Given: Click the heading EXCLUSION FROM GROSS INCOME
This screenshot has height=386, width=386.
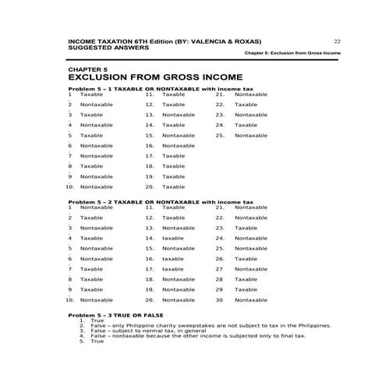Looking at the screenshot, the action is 156,78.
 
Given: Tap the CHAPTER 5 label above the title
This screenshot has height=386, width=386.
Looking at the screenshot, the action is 87,70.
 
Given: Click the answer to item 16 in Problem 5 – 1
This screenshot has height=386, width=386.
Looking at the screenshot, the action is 179,146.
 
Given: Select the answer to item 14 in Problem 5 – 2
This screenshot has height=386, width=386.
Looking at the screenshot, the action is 173,238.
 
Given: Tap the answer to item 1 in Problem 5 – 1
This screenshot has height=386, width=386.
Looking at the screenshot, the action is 91,94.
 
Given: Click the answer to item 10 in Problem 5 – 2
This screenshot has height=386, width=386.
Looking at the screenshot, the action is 96,299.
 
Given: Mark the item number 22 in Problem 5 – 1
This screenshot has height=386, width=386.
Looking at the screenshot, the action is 220,104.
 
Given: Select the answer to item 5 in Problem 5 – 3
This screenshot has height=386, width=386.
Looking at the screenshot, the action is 97,342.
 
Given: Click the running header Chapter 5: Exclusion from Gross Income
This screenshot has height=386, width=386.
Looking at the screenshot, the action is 292,53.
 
